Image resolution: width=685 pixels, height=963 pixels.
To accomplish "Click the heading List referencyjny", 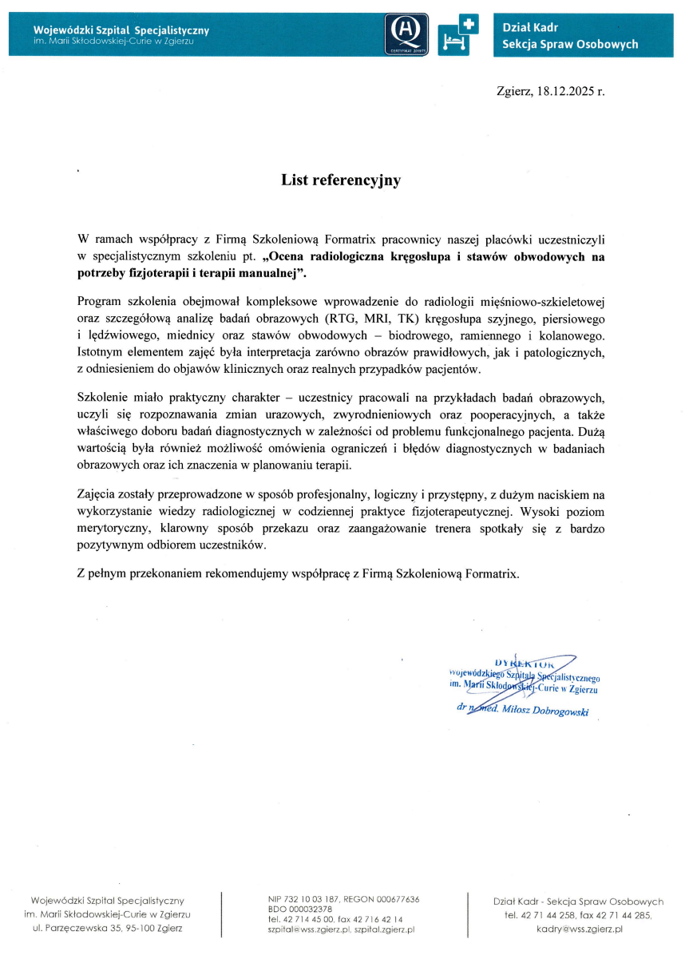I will click(340, 180).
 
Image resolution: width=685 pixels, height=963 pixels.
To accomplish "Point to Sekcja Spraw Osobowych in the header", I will click(570, 45).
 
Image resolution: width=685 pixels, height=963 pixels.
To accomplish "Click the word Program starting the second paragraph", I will click(100, 301).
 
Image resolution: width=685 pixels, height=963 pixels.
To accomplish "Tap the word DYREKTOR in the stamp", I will click(525, 663).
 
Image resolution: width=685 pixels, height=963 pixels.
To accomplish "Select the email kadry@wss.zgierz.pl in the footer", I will click(579, 929).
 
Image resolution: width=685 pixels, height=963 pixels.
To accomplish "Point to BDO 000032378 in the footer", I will click(300, 909).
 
